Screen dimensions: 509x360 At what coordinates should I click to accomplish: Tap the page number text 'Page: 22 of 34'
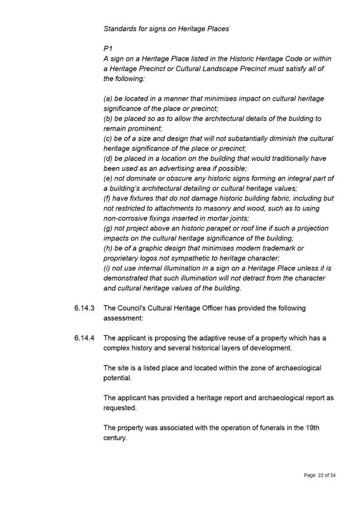point(319,475)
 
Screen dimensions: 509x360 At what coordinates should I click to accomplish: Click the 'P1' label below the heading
point(108,49)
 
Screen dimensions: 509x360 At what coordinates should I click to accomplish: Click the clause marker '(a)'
point(109,98)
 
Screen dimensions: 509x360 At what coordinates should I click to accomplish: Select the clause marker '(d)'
point(109,158)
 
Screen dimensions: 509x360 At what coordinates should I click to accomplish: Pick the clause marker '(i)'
point(108,268)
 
